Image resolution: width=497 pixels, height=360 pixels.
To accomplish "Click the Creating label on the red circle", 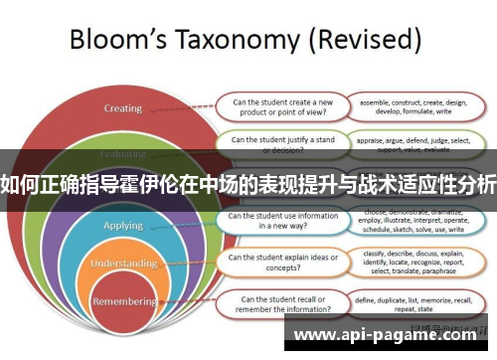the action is (123, 108).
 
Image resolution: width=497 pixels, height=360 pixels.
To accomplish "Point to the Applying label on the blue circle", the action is (124, 226).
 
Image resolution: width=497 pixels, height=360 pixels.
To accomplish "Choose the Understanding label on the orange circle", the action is (123, 264).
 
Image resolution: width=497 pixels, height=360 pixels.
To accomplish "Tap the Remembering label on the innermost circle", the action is (123, 300).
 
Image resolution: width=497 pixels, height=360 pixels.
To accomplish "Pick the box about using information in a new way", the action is (281, 220).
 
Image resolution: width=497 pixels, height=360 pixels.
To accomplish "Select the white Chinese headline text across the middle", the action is (248, 183).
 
